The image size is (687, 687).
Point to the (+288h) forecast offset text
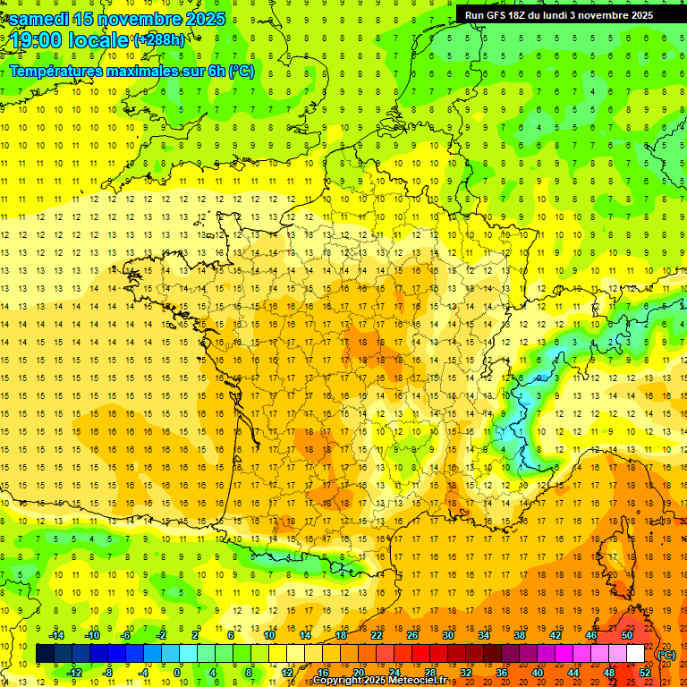point(159,40)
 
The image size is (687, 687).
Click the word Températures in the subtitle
point(59,71)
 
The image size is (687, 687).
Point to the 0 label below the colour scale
point(178,673)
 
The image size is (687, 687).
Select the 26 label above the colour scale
point(412,635)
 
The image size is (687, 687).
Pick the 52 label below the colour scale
point(644,673)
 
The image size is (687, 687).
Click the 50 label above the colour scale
point(627,635)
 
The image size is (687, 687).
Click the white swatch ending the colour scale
point(636,654)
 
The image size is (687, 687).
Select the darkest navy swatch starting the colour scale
point(45,654)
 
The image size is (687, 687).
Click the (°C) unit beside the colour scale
point(666,654)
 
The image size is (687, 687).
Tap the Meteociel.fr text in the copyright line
point(424,681)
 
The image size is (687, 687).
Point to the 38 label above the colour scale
point(520,635)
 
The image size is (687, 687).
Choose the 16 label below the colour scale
point(322,673)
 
